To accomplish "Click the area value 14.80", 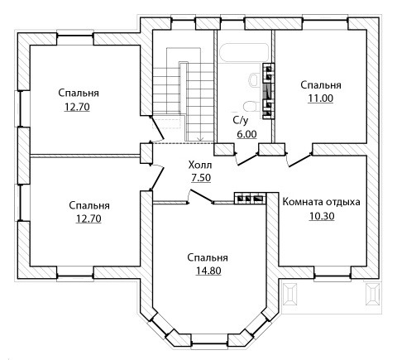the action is point(208,271).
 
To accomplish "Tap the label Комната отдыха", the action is point(322,202).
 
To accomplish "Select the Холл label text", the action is point(200,165).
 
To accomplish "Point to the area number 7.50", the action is point(201,178).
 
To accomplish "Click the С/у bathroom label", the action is point(241,121).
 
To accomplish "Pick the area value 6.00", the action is point(246,134).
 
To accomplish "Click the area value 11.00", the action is point(321,98).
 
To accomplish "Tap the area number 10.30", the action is point(322,216).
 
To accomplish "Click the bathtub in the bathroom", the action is point(242,53).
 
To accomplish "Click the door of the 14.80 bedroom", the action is point(202,196).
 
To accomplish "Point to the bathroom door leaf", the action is point(247,160).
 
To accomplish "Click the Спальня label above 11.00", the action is point(321,84).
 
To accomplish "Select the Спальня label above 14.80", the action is point(208,257).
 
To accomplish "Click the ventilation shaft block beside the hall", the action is point(250,199).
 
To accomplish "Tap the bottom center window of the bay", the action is point(209,339).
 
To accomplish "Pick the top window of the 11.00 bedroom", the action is point(324,22).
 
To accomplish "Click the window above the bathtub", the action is point(232,22).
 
